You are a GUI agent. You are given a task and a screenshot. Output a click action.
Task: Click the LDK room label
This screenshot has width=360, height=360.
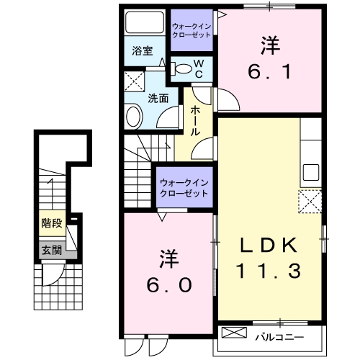pyautogui.click(x=269, y=246)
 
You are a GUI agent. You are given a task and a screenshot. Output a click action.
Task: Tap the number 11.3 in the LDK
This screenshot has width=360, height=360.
pyautogui.click(x=269, y=271)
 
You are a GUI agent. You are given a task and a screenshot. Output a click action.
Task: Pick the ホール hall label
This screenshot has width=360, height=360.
pyautogui.click(x=196, y=121)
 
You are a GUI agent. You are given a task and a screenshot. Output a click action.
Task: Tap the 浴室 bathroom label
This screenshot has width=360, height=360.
pyautogui.click(x=142, y=51)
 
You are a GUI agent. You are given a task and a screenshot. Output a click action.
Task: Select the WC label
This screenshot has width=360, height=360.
pyautogui.click(x=199, y=70)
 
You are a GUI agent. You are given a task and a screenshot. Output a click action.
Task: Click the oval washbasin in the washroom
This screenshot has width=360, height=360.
pyautogui.click(x=134, y=117)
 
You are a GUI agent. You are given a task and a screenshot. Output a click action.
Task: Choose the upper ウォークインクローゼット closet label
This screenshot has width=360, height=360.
pyautogui.click(x=192, y=31)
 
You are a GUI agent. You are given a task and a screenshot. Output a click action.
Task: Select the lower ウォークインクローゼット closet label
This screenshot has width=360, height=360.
pyautogui.click(x=184, y=189)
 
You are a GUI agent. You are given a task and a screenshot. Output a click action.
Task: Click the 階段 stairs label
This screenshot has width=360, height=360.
pyautogui.click(x=50, y=223)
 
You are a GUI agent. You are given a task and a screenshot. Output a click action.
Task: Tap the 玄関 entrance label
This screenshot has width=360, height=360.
pyautogui.click(x=50, y=251)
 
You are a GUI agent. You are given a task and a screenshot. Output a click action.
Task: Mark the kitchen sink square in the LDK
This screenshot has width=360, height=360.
pyautogui.click(x=311, y=173)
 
